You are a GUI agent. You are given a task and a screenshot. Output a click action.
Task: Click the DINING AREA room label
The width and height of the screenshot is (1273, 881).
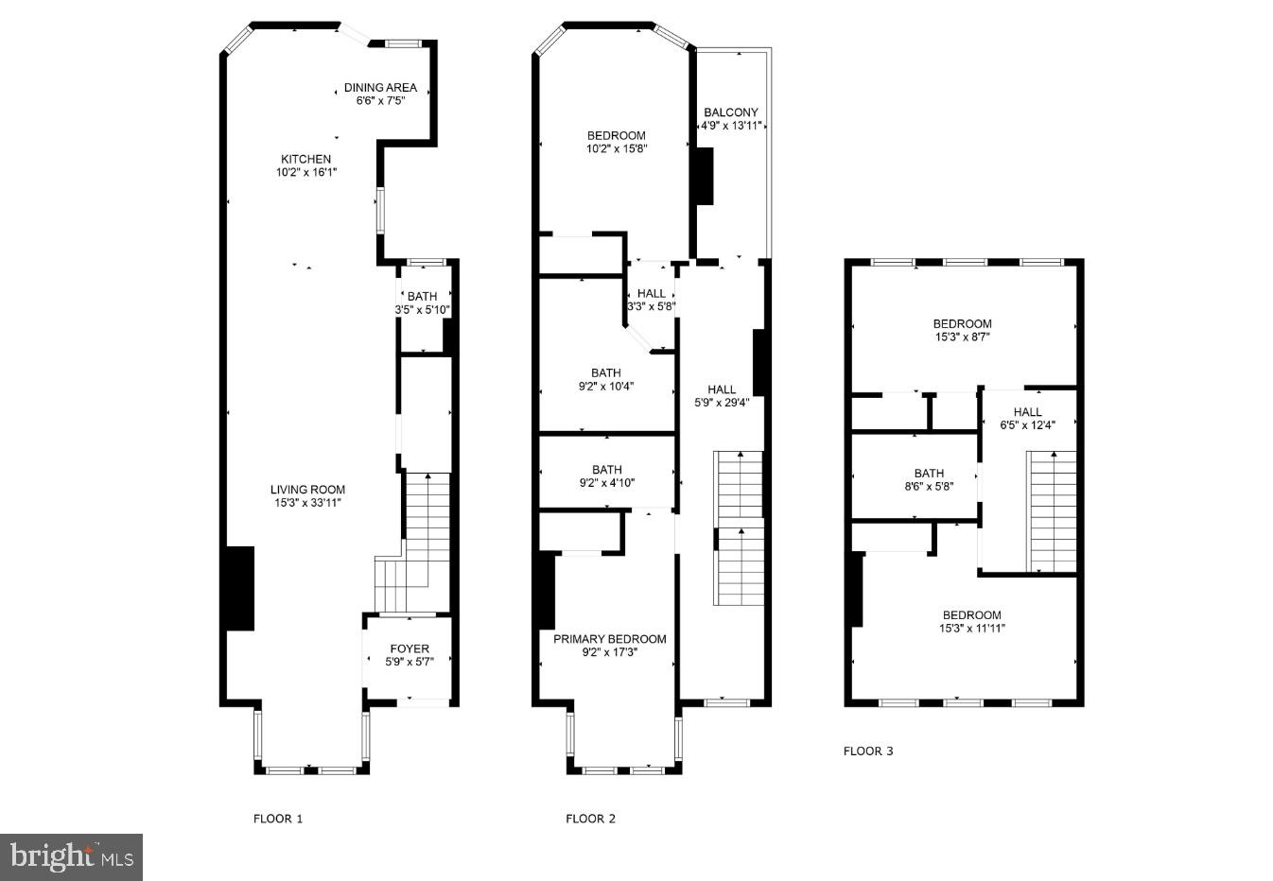(x=380, y=88)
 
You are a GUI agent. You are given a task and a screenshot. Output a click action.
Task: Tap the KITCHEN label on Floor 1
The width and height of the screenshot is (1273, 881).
(x=305, y=159)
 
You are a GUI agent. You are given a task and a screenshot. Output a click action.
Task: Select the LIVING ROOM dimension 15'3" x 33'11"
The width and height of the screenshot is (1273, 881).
(x=307, y=503)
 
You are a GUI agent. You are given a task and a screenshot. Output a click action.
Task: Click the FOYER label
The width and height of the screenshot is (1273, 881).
(x=410, y=648)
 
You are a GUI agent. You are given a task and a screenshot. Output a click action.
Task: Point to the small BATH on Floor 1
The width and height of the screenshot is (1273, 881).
(x=422, y=297)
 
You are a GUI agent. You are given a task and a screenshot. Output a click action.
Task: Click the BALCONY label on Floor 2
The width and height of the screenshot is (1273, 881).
(x=730, y=112)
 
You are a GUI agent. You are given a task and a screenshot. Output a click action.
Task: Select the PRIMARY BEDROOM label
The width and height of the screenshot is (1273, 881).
(x=609, y=639)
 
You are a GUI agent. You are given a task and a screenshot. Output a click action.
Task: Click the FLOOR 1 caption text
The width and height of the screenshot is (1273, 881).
(x=278, y=819)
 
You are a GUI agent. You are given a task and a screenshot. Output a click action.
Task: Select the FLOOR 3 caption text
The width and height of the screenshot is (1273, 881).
(x=867, y=751)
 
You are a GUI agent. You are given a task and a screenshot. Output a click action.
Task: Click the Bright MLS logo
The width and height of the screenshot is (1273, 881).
(x=71, y=857)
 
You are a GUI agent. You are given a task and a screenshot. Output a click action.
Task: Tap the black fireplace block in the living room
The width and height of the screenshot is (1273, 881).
(x=237, y=588)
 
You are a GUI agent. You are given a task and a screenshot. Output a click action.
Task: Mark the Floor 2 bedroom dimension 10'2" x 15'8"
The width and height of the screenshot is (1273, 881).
(x=617, y=147)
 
